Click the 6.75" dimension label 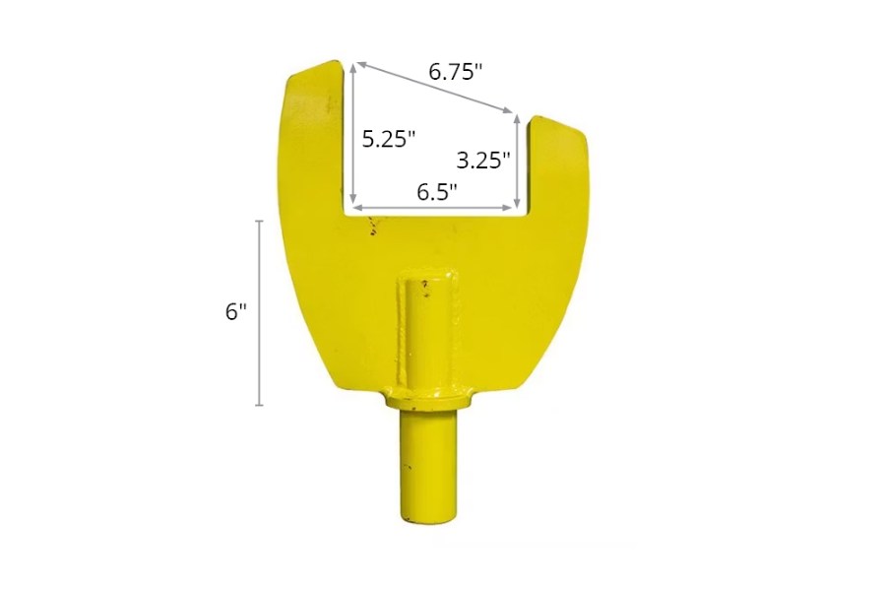(x=455, y=72)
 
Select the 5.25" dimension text (x=388, y=139)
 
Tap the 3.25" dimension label (x=482, y=159)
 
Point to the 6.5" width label (x=437, y=192)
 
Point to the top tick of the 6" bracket (x=260, y=221)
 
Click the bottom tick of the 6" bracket (x=260, y=405)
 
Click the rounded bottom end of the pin (x=427, y=514)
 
